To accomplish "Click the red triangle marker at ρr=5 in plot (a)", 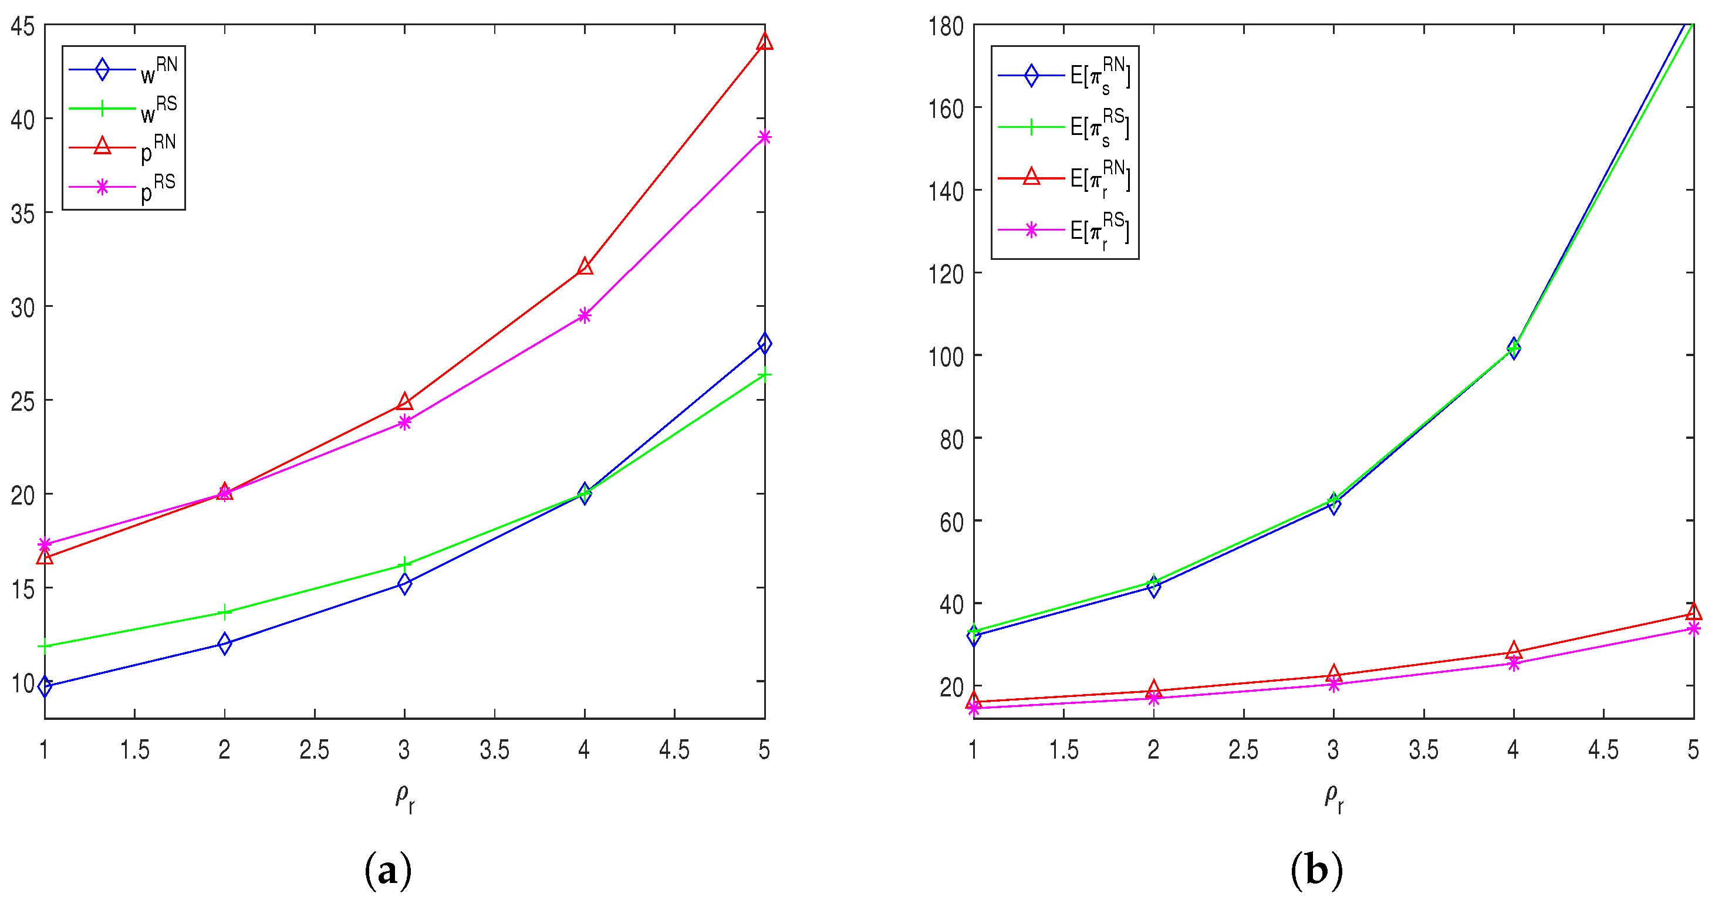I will [764, 41].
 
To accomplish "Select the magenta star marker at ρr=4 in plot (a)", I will [585, 316].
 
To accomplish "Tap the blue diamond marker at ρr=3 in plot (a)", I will [404, 584].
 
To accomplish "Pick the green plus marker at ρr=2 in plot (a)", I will [225, 612].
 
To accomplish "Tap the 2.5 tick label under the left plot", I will [314, 750].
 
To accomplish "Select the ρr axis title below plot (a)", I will [405, 797].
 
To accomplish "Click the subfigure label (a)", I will [388, 870].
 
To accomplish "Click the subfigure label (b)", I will [1316, 870].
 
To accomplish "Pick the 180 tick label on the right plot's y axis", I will [946, 26].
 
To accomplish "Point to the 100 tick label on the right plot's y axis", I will [946, 356].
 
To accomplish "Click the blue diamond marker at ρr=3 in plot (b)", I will [1333, 505].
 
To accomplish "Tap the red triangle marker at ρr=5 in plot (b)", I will [1693, 612].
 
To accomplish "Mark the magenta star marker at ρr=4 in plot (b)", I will [1513, 663].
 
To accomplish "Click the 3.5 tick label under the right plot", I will [1423, 750].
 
